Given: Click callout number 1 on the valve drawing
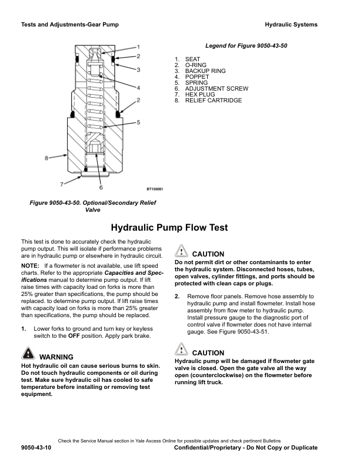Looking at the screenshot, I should (138, 46).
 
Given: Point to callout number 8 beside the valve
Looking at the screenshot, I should (46, 157).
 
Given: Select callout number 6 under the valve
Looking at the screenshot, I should (101, 188).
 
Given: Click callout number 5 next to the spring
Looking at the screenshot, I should (138, 122).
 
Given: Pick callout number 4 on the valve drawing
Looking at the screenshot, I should (138, 88).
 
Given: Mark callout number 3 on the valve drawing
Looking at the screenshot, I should (138, 69).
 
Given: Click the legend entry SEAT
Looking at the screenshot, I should (192, 59).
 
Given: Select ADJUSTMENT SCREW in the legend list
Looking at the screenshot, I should (216, 89).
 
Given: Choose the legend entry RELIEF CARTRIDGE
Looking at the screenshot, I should (213, 101).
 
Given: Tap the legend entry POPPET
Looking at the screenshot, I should (196, 77).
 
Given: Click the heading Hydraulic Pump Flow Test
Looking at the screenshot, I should (169, 228).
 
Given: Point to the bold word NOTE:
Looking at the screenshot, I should (30, 266).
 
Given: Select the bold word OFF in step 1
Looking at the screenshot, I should (75, 336).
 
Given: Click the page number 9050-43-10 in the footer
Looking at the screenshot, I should (36, 448).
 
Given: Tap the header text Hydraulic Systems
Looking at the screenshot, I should (291, 25).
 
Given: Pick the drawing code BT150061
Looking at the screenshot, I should (155, 189).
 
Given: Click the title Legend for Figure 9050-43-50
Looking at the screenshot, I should (246, 46).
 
